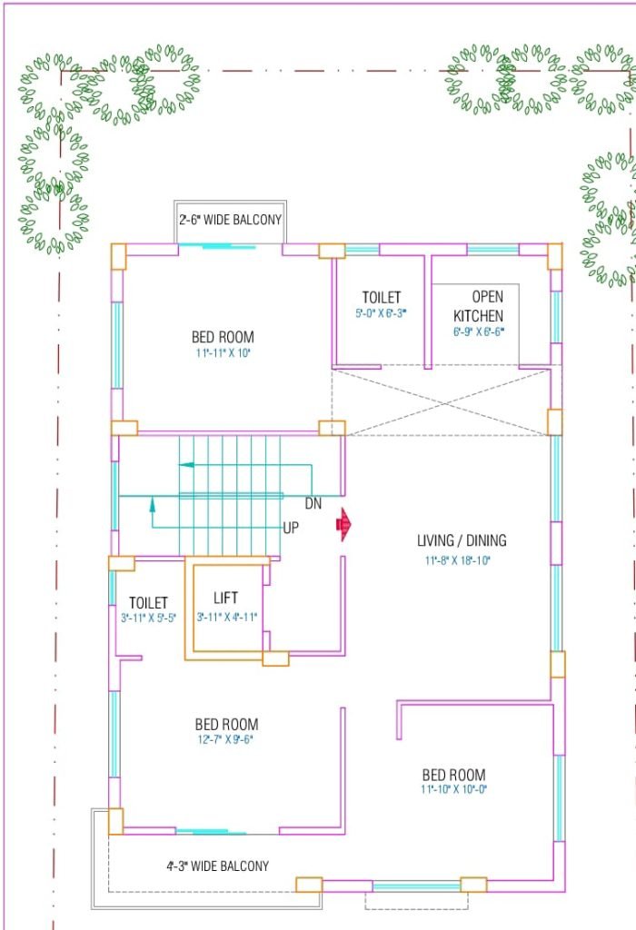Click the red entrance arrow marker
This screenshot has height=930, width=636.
pyautogui.click(x=343, y=524)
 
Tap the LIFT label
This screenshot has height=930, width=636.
pyautogui.click(x=225, y=598)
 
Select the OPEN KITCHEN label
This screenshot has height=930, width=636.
pyautogui.click(x=479, y=306)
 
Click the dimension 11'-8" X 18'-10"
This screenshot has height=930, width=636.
pyautogui.click(x=457, y=560)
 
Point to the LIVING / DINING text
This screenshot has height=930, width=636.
pyautogui.click(x=462, y=540)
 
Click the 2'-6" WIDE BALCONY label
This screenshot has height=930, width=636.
pyautogui.click(x=230, y=220)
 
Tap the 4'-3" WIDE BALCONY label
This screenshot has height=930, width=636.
pyautogui.click(x=218, y=866)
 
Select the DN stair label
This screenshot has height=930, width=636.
pyautogui.click(x=313, y=503)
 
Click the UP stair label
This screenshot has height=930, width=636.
pyautogui.click(x=291, y=528)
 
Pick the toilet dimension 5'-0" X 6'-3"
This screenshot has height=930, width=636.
pyautogui.click(x=381, y=313)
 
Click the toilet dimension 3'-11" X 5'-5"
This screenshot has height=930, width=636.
pyautogui.click(x=148, y=618)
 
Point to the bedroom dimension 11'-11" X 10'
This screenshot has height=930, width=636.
pyautogui.click(x=224, y=353)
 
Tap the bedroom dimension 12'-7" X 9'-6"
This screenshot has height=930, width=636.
pyautogui.click(x=225, y=739)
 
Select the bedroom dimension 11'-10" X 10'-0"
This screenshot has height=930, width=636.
pyautogui.click(x=454, y=789)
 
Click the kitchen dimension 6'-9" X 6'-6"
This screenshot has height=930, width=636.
pyautogui.click(x=478, y=332)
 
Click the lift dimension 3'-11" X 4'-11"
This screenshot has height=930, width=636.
pyautogui.click(x=227, y=617)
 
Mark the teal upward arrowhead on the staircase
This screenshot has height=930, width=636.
pyautogui.click(x=153, y=504)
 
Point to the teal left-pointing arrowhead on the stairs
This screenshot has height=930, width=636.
pyautogui.click(x=186, y=464)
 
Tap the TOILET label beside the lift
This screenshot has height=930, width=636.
pyautogui.click(x=148, y=603)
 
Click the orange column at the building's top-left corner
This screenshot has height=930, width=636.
pyautogui.click(x=119, y=256)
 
